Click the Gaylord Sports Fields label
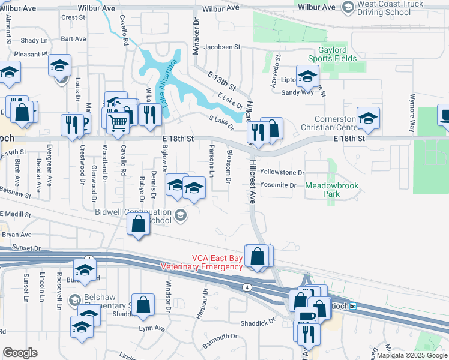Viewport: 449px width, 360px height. [333, 53]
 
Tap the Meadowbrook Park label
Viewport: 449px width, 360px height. [331, 190]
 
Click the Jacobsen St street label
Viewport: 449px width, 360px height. [221, 47]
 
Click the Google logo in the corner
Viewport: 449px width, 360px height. [20, 353]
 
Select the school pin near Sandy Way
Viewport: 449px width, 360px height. [307, 77]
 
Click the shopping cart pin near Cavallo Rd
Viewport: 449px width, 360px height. [119, 122]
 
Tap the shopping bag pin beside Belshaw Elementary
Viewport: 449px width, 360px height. [145, 304]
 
